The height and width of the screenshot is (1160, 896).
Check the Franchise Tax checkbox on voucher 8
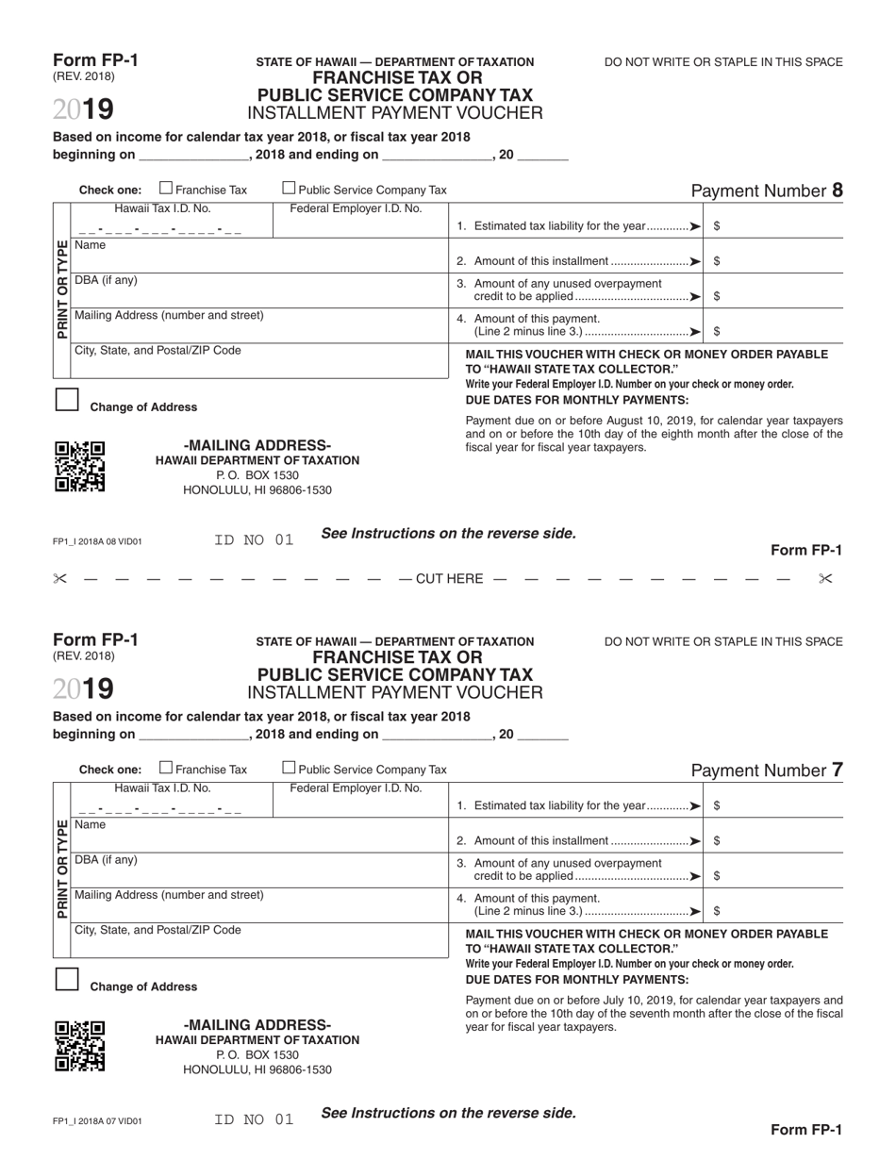click(x=167, y=189)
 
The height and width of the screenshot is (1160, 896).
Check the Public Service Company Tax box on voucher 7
click(x=290, y=768)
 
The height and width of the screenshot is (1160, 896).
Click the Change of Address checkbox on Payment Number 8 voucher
click(x=66, y=400)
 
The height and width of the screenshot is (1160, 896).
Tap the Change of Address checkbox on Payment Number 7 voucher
click(x=66, y=979)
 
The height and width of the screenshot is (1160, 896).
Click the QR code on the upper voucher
click(x=80, y=466)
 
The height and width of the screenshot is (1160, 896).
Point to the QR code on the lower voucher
click(x=80, y=1046)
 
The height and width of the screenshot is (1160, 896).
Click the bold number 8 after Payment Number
click(x=837, y=191)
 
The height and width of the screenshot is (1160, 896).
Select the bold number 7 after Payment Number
click(x=837, y=771)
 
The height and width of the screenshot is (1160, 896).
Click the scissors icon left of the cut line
click(x=60, y=578)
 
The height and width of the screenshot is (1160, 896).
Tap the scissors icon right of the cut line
click(x=825, y=578)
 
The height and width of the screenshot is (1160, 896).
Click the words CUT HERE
click(x=449, y=578)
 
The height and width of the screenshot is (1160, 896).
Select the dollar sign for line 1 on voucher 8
click(x=718, y=226)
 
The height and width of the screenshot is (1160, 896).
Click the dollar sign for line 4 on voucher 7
click(x=718, y=911)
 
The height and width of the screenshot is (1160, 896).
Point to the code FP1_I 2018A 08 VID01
click(x=97, y=542)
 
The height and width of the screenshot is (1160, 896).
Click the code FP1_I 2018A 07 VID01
click(x=97, y=1122)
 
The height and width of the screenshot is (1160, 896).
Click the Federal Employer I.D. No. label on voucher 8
click(x=356, y=208)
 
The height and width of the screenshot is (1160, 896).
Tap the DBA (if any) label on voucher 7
click(x=106, y=860)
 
